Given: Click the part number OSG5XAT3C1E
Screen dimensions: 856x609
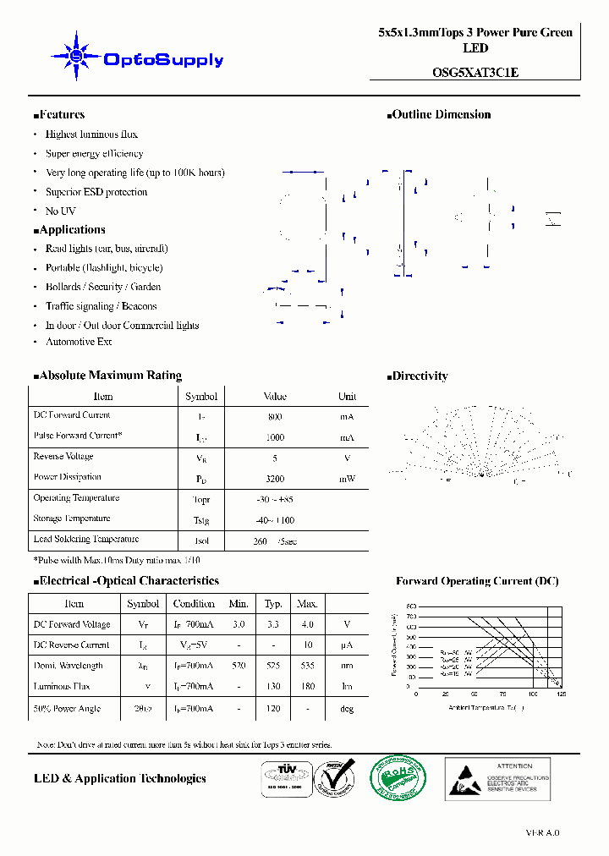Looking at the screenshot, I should (475, 73).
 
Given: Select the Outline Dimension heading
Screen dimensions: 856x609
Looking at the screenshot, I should (441, 115).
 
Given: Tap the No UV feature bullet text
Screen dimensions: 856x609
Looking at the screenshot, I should (60, 211).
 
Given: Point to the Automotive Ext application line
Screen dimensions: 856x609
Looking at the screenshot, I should (78, 342).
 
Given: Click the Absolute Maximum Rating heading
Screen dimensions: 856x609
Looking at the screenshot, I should (110, 376).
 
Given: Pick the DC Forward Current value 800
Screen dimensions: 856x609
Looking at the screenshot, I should (275, 417).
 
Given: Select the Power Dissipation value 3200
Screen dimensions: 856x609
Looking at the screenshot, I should (275, 479).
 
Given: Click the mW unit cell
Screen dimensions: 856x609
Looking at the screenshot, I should (347, 479).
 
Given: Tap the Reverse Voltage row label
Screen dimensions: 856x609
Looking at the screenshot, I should (63, 457).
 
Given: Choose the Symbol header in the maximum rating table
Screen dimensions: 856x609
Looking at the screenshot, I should (201, 397).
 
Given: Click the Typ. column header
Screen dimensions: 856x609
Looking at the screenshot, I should (273, 604).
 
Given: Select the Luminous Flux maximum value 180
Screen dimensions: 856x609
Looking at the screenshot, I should (307, 687).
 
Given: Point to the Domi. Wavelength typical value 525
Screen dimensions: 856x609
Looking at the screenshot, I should (273, 666).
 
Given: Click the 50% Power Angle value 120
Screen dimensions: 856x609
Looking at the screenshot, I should (273, 709).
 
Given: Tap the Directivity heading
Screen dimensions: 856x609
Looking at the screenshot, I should (420, 376).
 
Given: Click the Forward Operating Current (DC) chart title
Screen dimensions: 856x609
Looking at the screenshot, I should (477, 581).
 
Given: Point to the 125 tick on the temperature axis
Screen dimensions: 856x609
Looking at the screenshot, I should (562, 694).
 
